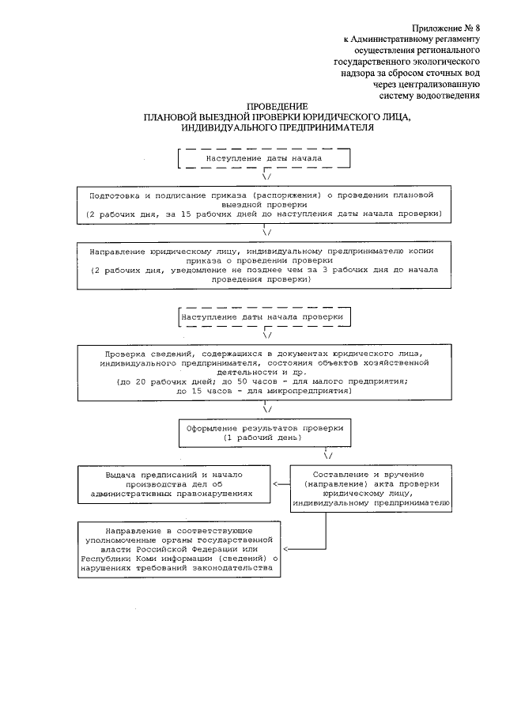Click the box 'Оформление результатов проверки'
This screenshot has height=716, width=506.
[x=263, y=432]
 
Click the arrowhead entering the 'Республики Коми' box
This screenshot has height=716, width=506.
[x=285, y=548]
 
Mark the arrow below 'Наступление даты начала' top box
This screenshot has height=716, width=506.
[x=266, y=177]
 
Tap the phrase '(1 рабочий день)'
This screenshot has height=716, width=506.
[x=263, y=438]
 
